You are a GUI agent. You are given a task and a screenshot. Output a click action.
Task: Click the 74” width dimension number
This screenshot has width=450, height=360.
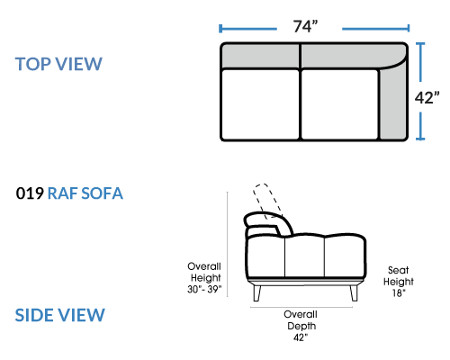pos(305,26)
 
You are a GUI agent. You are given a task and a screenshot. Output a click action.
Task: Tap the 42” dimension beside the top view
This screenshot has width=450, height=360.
pos(427,97)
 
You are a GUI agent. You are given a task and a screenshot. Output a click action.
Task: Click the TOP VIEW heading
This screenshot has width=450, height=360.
pos(58,64)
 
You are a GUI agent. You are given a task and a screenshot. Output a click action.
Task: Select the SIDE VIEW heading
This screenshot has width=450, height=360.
pos(60,315)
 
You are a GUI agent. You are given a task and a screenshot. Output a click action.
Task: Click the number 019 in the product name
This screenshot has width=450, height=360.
pos(30,193)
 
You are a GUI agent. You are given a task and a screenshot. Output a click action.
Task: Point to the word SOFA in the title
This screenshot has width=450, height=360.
pos(102,193)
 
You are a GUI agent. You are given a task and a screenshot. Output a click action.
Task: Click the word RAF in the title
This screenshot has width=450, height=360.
pos(63,193)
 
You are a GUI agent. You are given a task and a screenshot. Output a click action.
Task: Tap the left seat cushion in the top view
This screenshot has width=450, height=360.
pos(260,104)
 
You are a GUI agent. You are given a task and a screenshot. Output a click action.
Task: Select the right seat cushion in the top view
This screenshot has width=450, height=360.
pos(339,104)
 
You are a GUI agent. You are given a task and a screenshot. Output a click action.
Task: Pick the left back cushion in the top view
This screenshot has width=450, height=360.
pos(261,57)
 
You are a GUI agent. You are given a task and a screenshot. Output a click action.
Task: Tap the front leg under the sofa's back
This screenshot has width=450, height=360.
pos(256,292)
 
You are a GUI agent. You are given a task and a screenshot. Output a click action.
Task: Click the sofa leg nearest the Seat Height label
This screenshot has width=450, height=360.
pos(354,292)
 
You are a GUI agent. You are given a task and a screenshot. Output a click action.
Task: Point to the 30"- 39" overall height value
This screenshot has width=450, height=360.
pos(204,289)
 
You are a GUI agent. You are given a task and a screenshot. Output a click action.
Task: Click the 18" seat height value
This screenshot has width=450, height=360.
pos(399,292)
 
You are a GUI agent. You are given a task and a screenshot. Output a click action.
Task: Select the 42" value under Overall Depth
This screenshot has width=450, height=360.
pos(301,337)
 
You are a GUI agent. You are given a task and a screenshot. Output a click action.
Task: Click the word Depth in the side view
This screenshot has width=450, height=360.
pos(301,326)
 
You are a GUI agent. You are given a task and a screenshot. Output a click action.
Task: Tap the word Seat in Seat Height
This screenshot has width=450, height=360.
pos(398,270)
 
